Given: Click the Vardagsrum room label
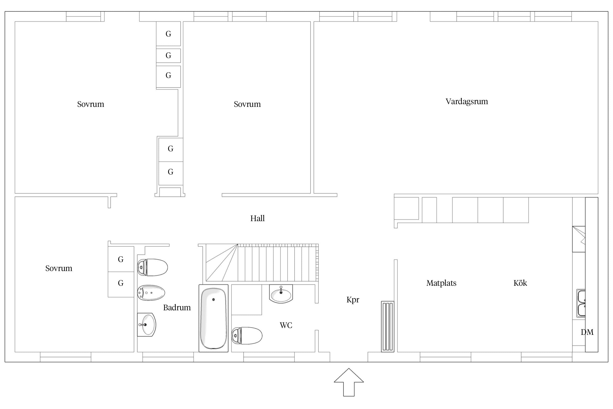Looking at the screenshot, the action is pyautogui.click(x=467, y=101).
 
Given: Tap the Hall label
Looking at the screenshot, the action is pyautogui.click(x=257, y=218).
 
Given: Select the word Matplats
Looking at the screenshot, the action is pyautogui.click(x=441, y=283).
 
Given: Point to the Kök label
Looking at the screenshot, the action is pyautogui.click(x=520, y=283).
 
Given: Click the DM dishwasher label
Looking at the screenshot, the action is pyautogui.click(x=587, y=332).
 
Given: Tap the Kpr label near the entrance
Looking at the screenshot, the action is pyautogui.click(x=353, y=300).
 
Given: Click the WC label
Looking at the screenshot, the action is pyautogui.click(x=286, y=325).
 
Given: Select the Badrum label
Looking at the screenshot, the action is pyautogui.click(x=177, y=308).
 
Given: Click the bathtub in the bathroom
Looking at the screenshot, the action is pyautogui.click(x=214, y=318).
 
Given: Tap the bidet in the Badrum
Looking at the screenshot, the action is pyautogui.click(x=151, y=293).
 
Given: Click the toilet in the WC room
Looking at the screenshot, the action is pyautogui.click(x=247, y=336).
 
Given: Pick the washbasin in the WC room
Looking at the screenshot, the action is pyautogui.click(x=281, y=294).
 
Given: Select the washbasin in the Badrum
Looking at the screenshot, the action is pyautogui.click(x=147, y=324).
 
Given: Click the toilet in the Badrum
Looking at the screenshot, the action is pyautogui.click(x=152, y=267).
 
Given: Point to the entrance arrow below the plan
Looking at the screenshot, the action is pyautogui.click(x=349, y=382).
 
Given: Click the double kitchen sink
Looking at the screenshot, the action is pyautogui.click(x=581, y=303).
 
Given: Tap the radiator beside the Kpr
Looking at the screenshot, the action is pyautogui.click(x=387, y=326).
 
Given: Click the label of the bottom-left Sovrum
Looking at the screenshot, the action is pyautogui.click(x=59, y=268).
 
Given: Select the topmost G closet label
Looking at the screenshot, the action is pyautogui.click(x=168, y=34).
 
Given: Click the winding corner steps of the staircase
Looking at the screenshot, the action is pyautogui.click(x=222, y=262).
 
